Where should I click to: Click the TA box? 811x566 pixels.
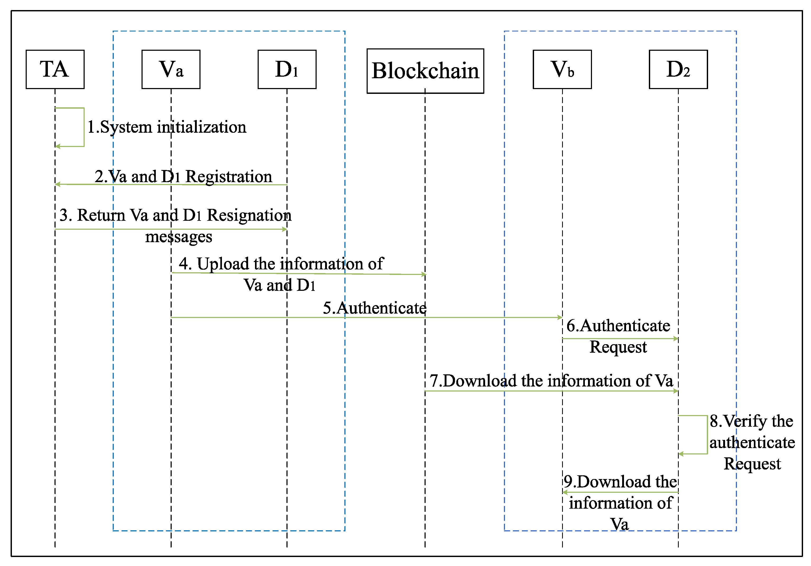click(55, 69)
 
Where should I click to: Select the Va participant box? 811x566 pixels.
click(171, 69)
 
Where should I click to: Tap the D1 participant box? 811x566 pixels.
click(287, 69)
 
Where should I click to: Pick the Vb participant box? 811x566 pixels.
click(562, 69)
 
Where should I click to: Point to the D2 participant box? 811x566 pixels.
click(678, 69)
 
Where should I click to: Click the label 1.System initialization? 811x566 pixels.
click(166, 127)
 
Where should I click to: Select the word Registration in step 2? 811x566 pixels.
click(229, 177)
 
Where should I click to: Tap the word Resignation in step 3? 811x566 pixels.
click(249, 215)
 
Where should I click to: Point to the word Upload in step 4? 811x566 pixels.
click(223, 264)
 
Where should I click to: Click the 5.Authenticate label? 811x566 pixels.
click(374, 308)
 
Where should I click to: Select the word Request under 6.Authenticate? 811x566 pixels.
click(618, 347)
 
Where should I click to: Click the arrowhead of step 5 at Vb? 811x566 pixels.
click(560, 317)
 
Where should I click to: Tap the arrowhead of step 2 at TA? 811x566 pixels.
click(57, 184)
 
